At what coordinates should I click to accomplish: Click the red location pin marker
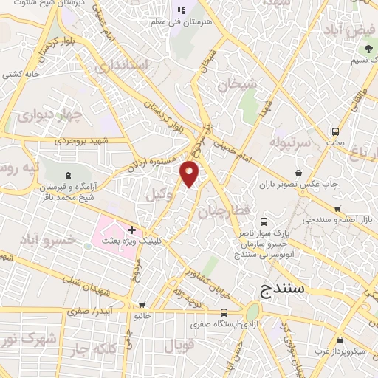click(190, 173)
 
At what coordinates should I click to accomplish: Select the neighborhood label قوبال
click(177, 346)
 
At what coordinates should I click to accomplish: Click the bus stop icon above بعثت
click(336, 129)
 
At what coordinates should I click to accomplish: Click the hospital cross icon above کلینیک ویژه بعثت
click(131, 231)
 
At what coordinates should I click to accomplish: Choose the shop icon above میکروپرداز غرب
click(339, 342)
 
